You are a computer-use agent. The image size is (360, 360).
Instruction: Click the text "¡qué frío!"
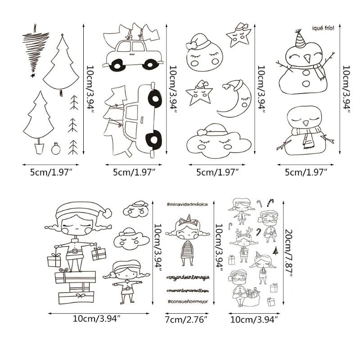[x=322, y=28]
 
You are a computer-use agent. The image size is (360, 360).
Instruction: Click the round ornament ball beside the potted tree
[x=55, y=149]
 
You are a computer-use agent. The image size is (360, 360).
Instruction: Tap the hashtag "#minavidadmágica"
[x=186, y=204]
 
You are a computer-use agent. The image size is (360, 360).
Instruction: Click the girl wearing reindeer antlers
[x=243, y=243]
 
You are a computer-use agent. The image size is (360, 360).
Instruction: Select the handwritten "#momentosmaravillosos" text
[x=186, y=290]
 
